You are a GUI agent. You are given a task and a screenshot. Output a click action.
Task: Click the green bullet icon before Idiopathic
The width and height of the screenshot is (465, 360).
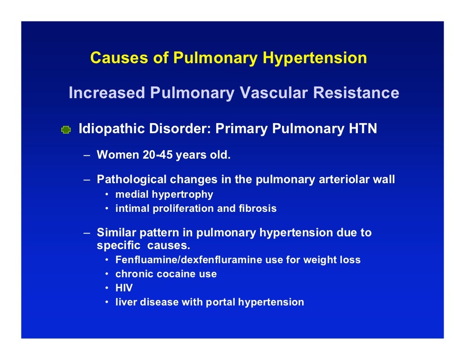66,130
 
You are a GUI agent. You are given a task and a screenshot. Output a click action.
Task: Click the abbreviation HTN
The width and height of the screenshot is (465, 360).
362,129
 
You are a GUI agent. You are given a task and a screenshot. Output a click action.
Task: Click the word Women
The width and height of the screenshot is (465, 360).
118,155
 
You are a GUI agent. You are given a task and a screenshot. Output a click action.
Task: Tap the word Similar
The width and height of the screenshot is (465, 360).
116,233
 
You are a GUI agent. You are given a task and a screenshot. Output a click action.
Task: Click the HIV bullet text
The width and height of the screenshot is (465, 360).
124,288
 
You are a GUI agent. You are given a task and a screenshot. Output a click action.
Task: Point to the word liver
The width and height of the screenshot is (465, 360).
124,302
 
